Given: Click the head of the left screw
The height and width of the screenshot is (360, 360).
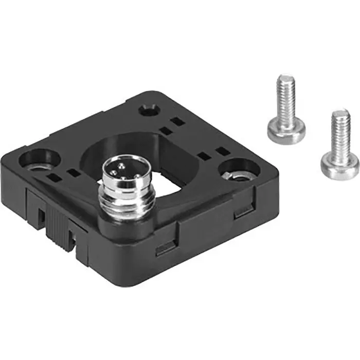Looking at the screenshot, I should point(286,129).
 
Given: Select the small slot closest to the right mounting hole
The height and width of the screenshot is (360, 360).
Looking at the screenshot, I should point(222,151).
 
